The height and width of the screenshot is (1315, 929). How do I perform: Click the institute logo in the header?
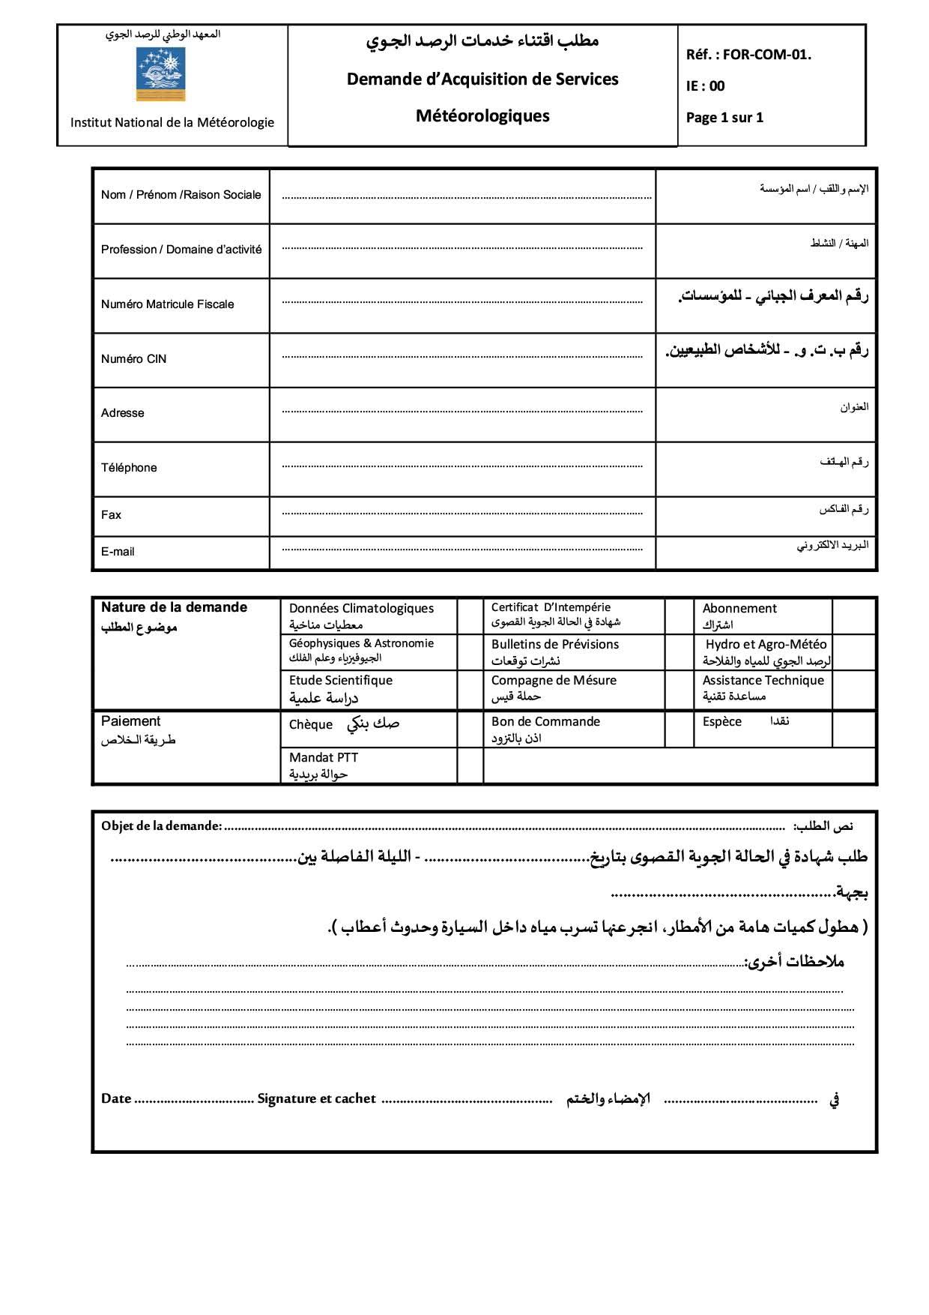tap(160, 73)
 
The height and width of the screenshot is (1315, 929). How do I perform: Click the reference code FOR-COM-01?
tap(766, 55)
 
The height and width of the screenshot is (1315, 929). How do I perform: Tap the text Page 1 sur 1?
tap(724, 118)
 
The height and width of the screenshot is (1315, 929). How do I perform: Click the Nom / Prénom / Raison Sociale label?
tap(181, 195)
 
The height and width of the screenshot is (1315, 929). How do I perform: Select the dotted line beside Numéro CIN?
tap(462, 357)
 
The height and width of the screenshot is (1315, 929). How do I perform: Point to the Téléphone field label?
tap(129, 468)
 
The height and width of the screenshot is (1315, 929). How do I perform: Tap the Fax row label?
tap(111, 515)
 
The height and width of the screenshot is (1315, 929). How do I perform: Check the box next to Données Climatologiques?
tap(470, 616)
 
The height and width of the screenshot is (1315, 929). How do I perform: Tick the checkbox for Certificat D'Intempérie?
tap(679, 616)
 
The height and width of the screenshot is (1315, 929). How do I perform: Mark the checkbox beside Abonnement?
tap(853, 616)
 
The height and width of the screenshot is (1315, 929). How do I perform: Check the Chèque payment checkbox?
tap(470, 729)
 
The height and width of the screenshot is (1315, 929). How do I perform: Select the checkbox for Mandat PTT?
tap(470, 765)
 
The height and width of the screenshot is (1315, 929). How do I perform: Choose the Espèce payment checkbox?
tap(853, 729)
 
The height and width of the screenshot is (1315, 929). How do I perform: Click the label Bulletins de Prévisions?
tap(554, 645)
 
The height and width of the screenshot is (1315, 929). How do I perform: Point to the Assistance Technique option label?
tap(763, 681)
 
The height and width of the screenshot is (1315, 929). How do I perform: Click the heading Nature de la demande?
tap(174, 607)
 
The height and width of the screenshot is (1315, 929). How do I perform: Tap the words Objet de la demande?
tap(161, 826)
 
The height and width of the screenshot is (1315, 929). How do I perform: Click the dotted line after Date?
tap(195, 1101)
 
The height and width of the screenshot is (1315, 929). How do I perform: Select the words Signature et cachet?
tap(316, 1099)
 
